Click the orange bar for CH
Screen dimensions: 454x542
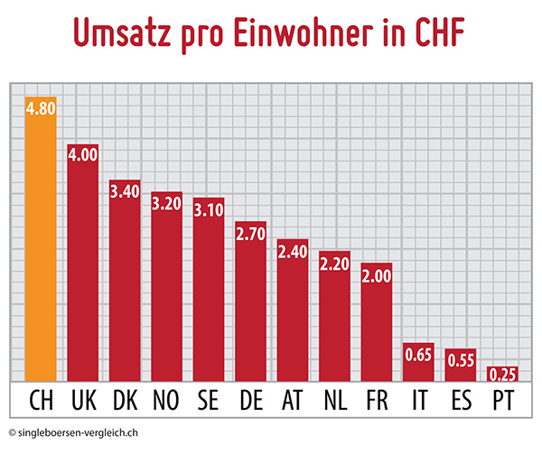tap(41, 244)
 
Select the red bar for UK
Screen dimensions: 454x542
tap(83, 271)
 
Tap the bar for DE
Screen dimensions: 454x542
tap(250, 307)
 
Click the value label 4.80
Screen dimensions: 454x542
tap(41, 107)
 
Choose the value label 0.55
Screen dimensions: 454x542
tap(461, 358)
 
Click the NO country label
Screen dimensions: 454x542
tap(166, 398)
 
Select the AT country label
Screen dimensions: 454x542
tap(293, 398)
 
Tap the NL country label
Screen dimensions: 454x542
tap(334, 398)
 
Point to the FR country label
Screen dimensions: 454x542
tap(376, 398)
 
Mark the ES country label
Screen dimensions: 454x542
tap(461, 398)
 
